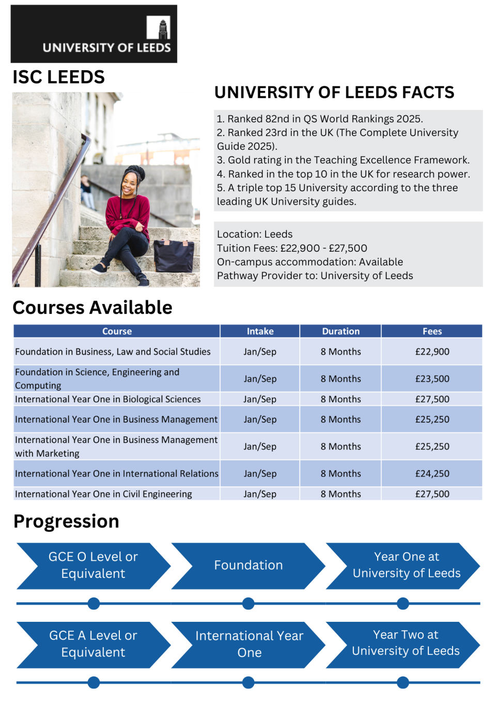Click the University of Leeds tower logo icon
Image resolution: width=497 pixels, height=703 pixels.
[x=159, y=27]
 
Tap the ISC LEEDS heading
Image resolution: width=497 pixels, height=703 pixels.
[x=58, y=77]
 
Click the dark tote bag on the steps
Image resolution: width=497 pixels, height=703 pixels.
[x=174, y=255]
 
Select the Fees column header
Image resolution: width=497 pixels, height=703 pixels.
[x=432, y=331]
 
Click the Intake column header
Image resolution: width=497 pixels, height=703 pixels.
[x=260, y=331]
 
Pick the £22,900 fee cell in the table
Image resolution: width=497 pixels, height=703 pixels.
[x=432, y=352]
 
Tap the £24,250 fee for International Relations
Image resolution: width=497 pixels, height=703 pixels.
[x=432, y=473]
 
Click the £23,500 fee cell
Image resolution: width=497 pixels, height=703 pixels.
[x=432, y=379]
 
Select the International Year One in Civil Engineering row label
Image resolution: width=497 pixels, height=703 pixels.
[x=103, y=494]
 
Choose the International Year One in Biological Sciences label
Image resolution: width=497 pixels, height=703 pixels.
[x=107, y=399]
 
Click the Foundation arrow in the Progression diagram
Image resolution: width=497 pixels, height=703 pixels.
[x=248, y=566]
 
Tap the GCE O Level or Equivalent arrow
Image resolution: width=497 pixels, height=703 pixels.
[x=93, y=566]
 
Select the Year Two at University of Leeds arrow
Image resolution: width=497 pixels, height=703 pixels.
[x=406, y=643]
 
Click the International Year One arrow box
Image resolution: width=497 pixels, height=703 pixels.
[x=248, y=644]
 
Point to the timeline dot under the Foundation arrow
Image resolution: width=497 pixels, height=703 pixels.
[x=248, y=603]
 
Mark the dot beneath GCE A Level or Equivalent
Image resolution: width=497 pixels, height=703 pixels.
[x=94, y=682]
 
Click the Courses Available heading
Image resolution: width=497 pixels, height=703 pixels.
[x=92, y=308]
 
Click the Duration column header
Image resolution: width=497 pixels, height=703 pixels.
[x=340, y=331]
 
